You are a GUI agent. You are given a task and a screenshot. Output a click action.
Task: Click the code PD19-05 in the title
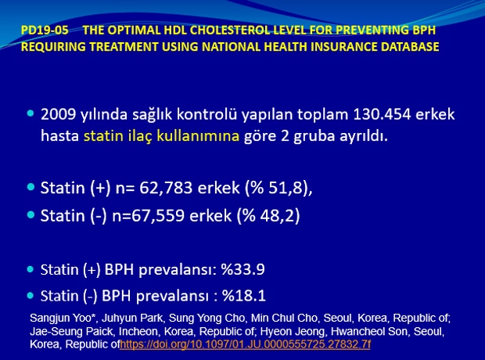[x=45, y=31]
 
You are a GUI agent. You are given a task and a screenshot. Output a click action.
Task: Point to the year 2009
[x=58, y=114]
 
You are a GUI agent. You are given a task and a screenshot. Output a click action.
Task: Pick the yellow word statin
[x=103, y=136]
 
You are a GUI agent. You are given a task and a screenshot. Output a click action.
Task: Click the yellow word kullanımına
[x=198, y=136]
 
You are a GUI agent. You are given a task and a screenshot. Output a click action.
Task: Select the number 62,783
[x=166, y=188]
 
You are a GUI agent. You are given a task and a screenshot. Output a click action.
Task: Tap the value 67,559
[x=158, y=215]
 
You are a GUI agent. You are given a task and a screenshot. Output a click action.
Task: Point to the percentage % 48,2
[x=268, y=215]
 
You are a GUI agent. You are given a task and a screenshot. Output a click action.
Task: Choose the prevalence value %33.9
[x=242, y=270]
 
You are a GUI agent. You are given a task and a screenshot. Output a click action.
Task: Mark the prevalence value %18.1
[x=244, y=296]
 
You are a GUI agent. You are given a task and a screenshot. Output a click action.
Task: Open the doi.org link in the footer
[x=245, y=344]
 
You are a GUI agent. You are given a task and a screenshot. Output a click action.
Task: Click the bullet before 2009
[x=31, y=113]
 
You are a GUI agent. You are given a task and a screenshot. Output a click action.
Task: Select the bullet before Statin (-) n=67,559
[x=31, y=214]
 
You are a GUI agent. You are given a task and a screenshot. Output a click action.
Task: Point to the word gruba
[x=314, y=136]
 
